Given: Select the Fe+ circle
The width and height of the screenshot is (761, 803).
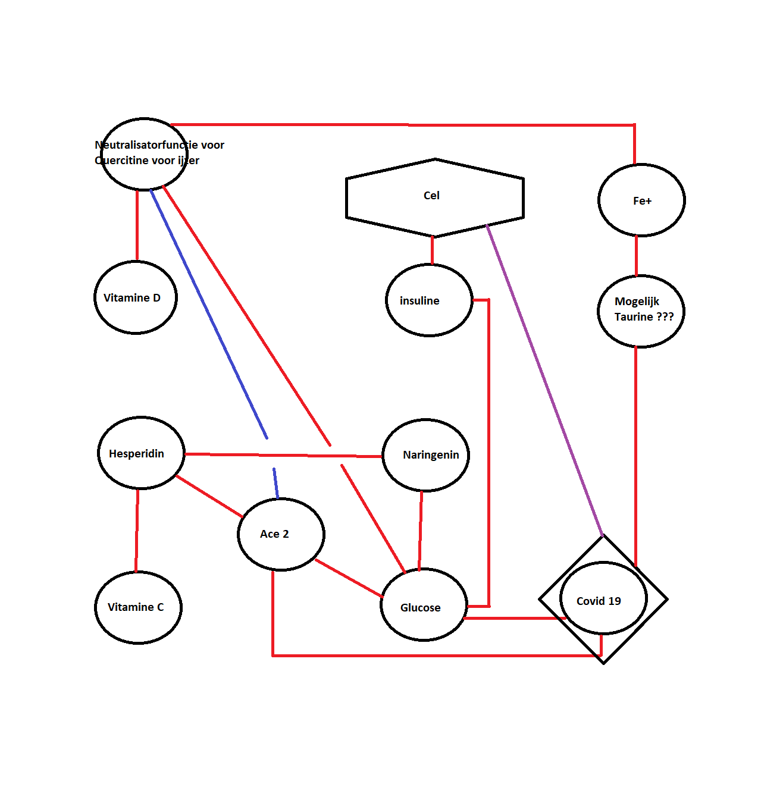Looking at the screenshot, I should [641, 200].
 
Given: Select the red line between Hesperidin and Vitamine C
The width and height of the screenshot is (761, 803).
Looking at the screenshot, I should [137, 529].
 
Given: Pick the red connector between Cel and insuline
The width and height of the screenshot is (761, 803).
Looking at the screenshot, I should [432, 250].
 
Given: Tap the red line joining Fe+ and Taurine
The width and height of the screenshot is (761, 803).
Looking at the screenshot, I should [636, 256].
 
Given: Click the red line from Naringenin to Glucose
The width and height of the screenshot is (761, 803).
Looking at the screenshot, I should [420, 529].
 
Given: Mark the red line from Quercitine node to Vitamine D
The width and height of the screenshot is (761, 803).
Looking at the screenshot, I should [137, 226].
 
